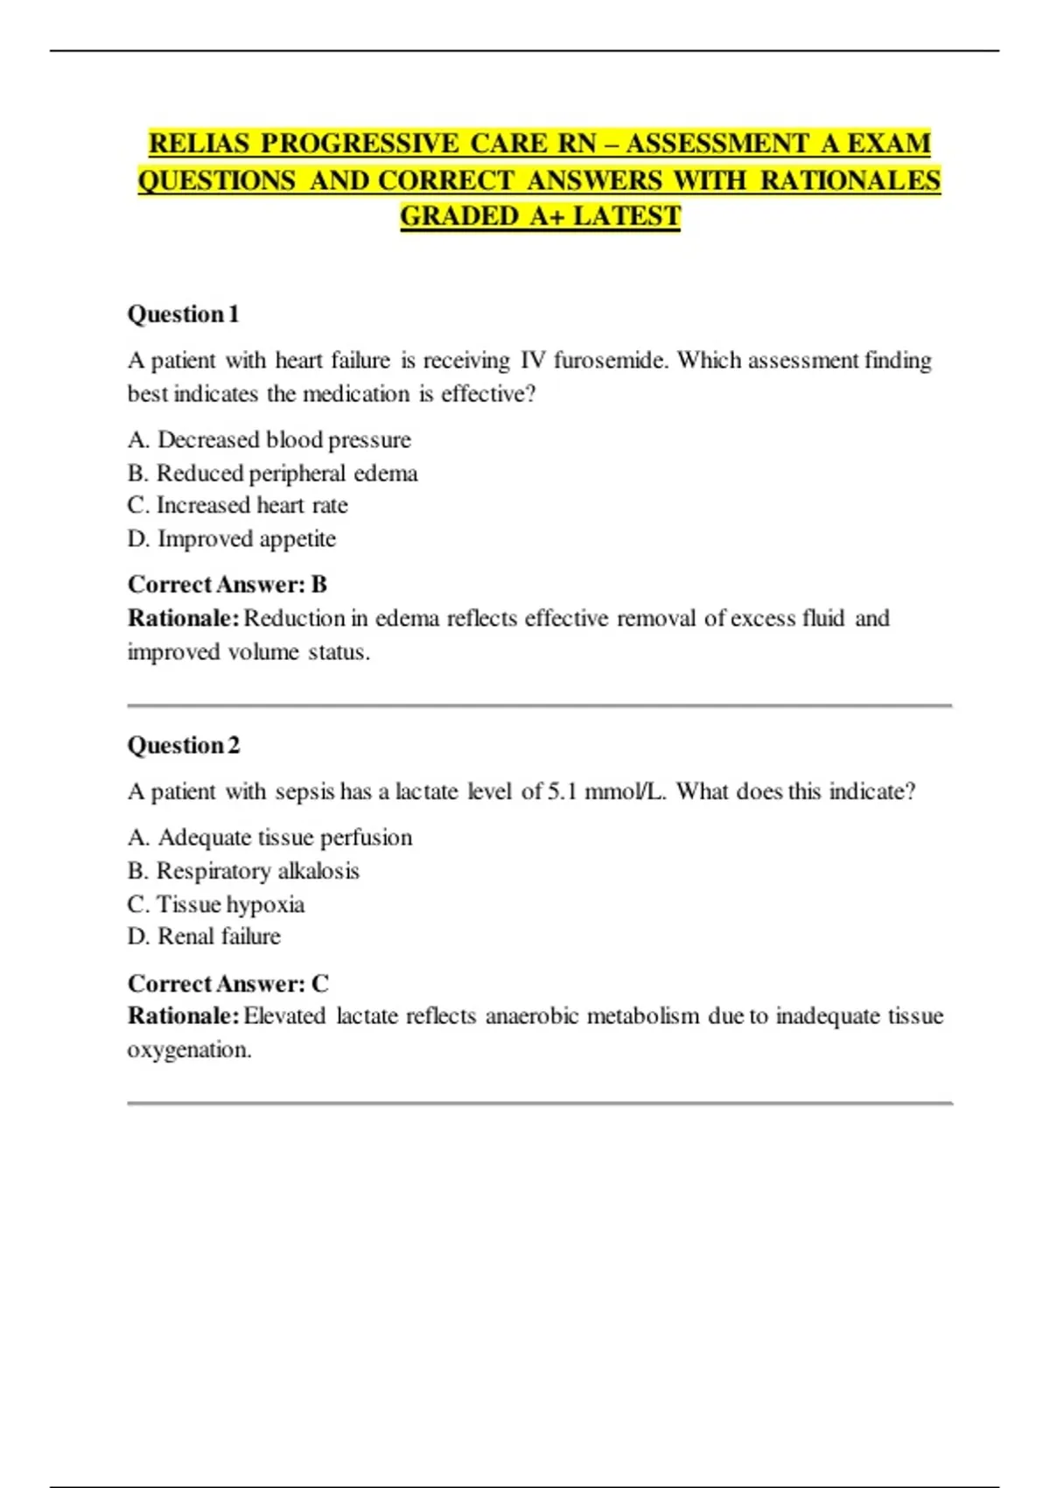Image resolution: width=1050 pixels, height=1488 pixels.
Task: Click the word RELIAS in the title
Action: [x=199, y=143]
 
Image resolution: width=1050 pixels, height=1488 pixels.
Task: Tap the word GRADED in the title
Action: [x=459, y=216]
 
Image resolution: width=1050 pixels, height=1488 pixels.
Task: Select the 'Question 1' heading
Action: [x=183, y=314]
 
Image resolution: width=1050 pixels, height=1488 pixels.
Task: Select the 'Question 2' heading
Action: [x=183, y=746]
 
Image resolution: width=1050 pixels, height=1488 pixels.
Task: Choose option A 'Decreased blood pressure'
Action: [x=269, y=439]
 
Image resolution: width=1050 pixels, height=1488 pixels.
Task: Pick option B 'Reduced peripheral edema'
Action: [x=272, y=474]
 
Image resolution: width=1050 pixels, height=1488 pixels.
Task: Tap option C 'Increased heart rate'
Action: [x=237, y=506]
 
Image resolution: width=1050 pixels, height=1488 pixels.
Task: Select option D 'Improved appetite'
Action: [x=232, y=539]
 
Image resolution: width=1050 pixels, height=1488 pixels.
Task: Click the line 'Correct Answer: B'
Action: [x=227, y=585]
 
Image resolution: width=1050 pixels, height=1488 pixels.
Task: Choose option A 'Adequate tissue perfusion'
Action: [x=269, y=838]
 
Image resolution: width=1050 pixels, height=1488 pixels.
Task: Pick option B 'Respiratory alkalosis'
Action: [x=243, y=871]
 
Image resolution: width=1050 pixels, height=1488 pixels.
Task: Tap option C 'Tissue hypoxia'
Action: [x=216, y=904]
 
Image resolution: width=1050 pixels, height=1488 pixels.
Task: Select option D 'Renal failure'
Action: [x=204, y=937]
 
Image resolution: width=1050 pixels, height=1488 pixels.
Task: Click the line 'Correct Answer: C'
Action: [x=228, y=984]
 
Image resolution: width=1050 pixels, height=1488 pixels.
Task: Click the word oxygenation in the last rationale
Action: [x=188, y=1050]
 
